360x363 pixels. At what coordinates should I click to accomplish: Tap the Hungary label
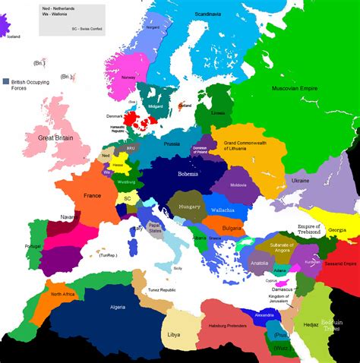pyautogui.click(x=185, y=206)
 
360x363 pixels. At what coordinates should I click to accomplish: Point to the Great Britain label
pyautogui.click(x=58, y=138)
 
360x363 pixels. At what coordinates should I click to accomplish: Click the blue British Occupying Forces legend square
pyautogui.click(x=7, y=80)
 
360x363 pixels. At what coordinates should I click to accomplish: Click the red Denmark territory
pyautogui.click(x=138, y=118)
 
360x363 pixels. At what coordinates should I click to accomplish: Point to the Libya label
pyautogui.click(x=173, y=334)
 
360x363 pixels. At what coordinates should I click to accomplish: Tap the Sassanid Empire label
pyautogui.click(x=339, y=264)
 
